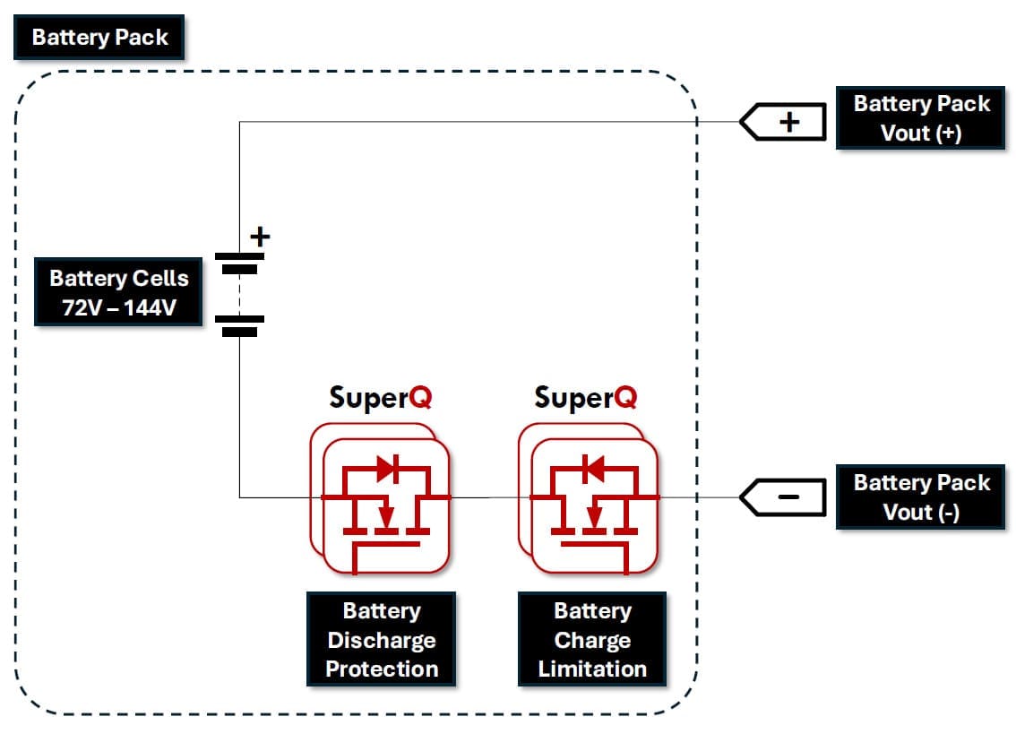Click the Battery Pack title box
click(99, 38)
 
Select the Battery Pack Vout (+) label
click(921, 117)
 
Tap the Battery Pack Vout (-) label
click(921, 497)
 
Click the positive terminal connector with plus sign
click(782, 122)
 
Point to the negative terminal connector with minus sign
click(782, 497)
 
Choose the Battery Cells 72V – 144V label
click(118, 293)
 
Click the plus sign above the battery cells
click(259, 237)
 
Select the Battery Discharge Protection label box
click(382, 640)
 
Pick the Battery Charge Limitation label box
click(592, 640)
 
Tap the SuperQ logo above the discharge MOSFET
click(381, 397)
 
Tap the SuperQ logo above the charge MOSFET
click(586, 397)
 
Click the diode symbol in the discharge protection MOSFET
click(386, 468)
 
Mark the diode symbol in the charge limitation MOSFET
click(592, 468)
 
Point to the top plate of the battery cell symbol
click(239, 256)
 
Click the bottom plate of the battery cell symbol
click(239, 331)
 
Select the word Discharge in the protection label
click(382, 640)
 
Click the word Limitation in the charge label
click(592, 669)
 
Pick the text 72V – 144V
click(118, 307)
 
